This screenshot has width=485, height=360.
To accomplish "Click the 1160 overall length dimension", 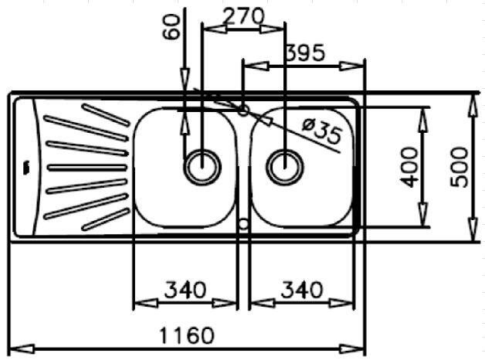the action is [x=187, y=335].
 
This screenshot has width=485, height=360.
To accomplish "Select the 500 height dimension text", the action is [x=459, y=168].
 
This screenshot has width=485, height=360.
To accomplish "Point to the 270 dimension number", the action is [x=243, y=16].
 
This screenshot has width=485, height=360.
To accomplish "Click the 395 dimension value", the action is [x=305, y=53].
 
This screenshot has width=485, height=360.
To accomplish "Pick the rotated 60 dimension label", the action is [x=171, y=27].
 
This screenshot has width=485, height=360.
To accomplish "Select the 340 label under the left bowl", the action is [x=185, y=290].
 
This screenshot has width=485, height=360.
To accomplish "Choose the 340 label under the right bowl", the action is [x=302, y=290].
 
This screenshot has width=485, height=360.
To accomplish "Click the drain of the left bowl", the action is [x=202, y=167].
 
